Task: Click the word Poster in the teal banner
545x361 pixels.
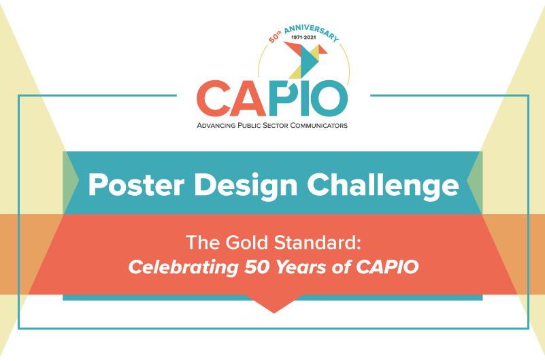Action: point(136,185)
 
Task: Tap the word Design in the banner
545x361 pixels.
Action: point(246,186)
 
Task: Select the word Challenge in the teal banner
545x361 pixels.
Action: point(383,186)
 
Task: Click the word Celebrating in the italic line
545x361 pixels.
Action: point(183,267)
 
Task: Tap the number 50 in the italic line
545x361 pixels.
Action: point(256,267)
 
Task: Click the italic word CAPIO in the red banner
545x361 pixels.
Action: point(387,267)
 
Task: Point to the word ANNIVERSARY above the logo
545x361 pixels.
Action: point(312,33)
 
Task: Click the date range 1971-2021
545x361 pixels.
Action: point(303,37)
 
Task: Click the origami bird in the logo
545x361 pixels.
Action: point(305,60)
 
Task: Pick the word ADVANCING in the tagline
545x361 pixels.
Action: point(216,125)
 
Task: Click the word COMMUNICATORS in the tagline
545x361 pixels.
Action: point(318,125)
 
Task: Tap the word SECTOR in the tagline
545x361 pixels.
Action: point(276,125)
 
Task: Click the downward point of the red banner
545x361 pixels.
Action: point(274,313)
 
